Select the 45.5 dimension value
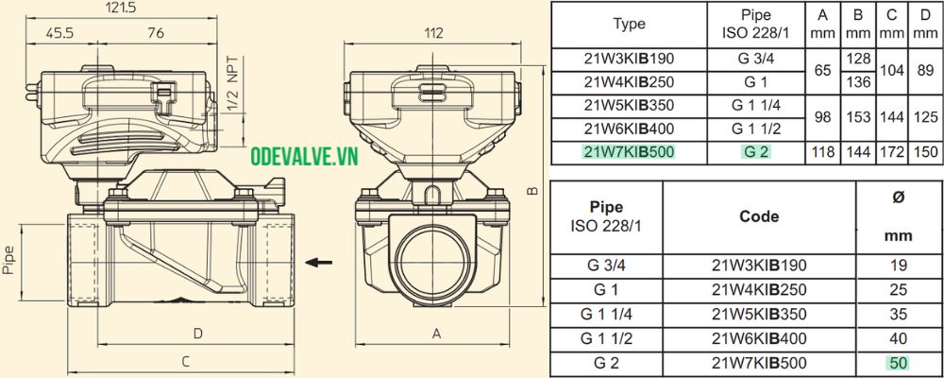(x=62, y=33)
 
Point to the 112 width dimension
(x=433, y=33)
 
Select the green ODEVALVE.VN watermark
(x=304, y=158)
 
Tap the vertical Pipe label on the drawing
(x=9, y=255)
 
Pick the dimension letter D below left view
(x=198, y=333)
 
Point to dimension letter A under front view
(x=436, y=333)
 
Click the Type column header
(x=629, y=25)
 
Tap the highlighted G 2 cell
(x=754, y=151)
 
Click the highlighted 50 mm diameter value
(x=898, y=362)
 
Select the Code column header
(x=759, y=216)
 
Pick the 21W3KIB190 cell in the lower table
(x=759, y=266)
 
